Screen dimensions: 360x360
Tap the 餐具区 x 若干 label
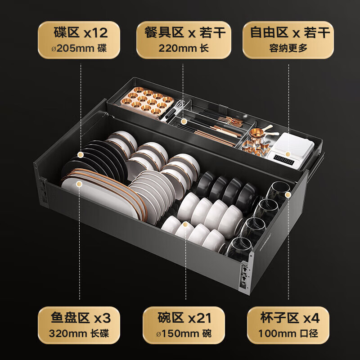(x=183, y=33)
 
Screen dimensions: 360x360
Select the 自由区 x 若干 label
(x=288, y=33)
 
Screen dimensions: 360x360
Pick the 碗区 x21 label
(x=183, y=319)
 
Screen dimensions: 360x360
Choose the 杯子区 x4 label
(x=288, y=319)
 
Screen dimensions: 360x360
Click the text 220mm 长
(x=183, y=48)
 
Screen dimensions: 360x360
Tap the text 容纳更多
(x=288, y=48)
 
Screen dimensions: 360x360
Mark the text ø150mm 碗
(x=183, y=334)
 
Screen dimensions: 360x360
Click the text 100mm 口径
(x=288, y=334)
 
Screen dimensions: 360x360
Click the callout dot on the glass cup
(x=288, y=194)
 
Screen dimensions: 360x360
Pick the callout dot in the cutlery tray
(x=183, y=121)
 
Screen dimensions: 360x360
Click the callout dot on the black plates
(x=80, y=155)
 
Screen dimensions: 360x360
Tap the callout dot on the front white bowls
(x=185, y=224)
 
